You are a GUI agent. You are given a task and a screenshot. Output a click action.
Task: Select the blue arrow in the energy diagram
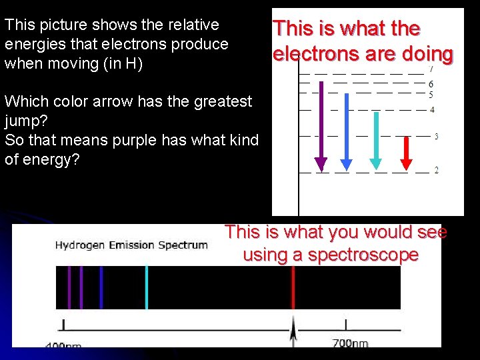345,130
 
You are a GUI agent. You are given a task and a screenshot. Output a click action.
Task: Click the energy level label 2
436,171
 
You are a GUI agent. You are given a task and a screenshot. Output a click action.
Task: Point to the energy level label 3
436,137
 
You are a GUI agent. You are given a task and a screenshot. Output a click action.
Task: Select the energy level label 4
433,109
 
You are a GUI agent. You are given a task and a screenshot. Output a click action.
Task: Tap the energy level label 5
431,95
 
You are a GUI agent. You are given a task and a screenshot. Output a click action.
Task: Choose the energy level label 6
431,84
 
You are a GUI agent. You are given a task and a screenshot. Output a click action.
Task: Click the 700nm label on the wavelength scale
350,343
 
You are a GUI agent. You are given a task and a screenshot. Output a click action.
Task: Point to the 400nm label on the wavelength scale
63,345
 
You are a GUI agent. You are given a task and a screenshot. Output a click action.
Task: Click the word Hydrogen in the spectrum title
78,245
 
